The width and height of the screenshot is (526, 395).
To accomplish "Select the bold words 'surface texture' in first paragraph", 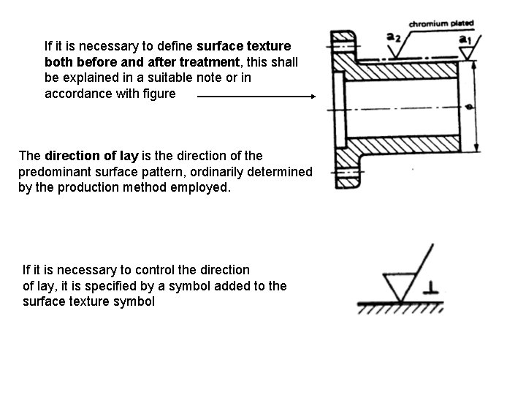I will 243,45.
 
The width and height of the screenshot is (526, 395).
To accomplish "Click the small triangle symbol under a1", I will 465,53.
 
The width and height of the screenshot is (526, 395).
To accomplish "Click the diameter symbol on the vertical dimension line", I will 470,108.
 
